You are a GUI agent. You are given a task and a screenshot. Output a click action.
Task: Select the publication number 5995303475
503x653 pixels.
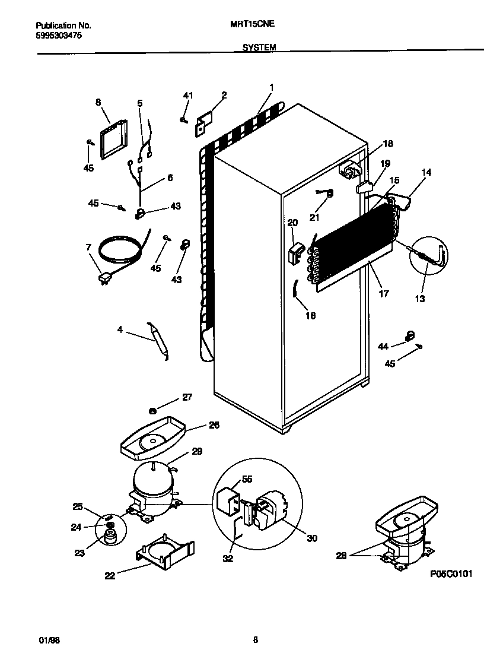pos(59,36)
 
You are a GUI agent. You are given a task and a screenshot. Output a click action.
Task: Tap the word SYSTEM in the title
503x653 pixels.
pos(259,47)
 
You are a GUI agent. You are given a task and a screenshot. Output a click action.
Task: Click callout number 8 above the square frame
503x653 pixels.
pos(98,102)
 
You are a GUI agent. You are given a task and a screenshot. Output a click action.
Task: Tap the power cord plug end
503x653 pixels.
pos(104,277)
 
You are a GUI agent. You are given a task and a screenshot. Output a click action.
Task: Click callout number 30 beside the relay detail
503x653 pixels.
pos(312,538)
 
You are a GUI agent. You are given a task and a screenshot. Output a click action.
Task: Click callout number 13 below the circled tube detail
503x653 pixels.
pos(420,299)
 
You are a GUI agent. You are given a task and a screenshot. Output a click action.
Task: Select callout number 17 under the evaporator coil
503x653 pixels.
pos(384,293)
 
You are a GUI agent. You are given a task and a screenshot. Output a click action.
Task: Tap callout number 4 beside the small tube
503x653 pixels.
pos(120,329)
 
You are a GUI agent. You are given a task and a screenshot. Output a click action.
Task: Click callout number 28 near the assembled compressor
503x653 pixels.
pos(341,555)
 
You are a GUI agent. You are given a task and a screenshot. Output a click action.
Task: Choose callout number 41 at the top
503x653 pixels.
pos(188,96)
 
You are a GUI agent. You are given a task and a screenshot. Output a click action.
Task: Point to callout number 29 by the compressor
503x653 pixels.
pos(197,452)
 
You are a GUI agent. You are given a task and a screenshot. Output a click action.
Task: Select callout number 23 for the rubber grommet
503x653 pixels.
pos(79,553)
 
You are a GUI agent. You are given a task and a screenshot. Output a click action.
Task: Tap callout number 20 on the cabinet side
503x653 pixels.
pos(292,223)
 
